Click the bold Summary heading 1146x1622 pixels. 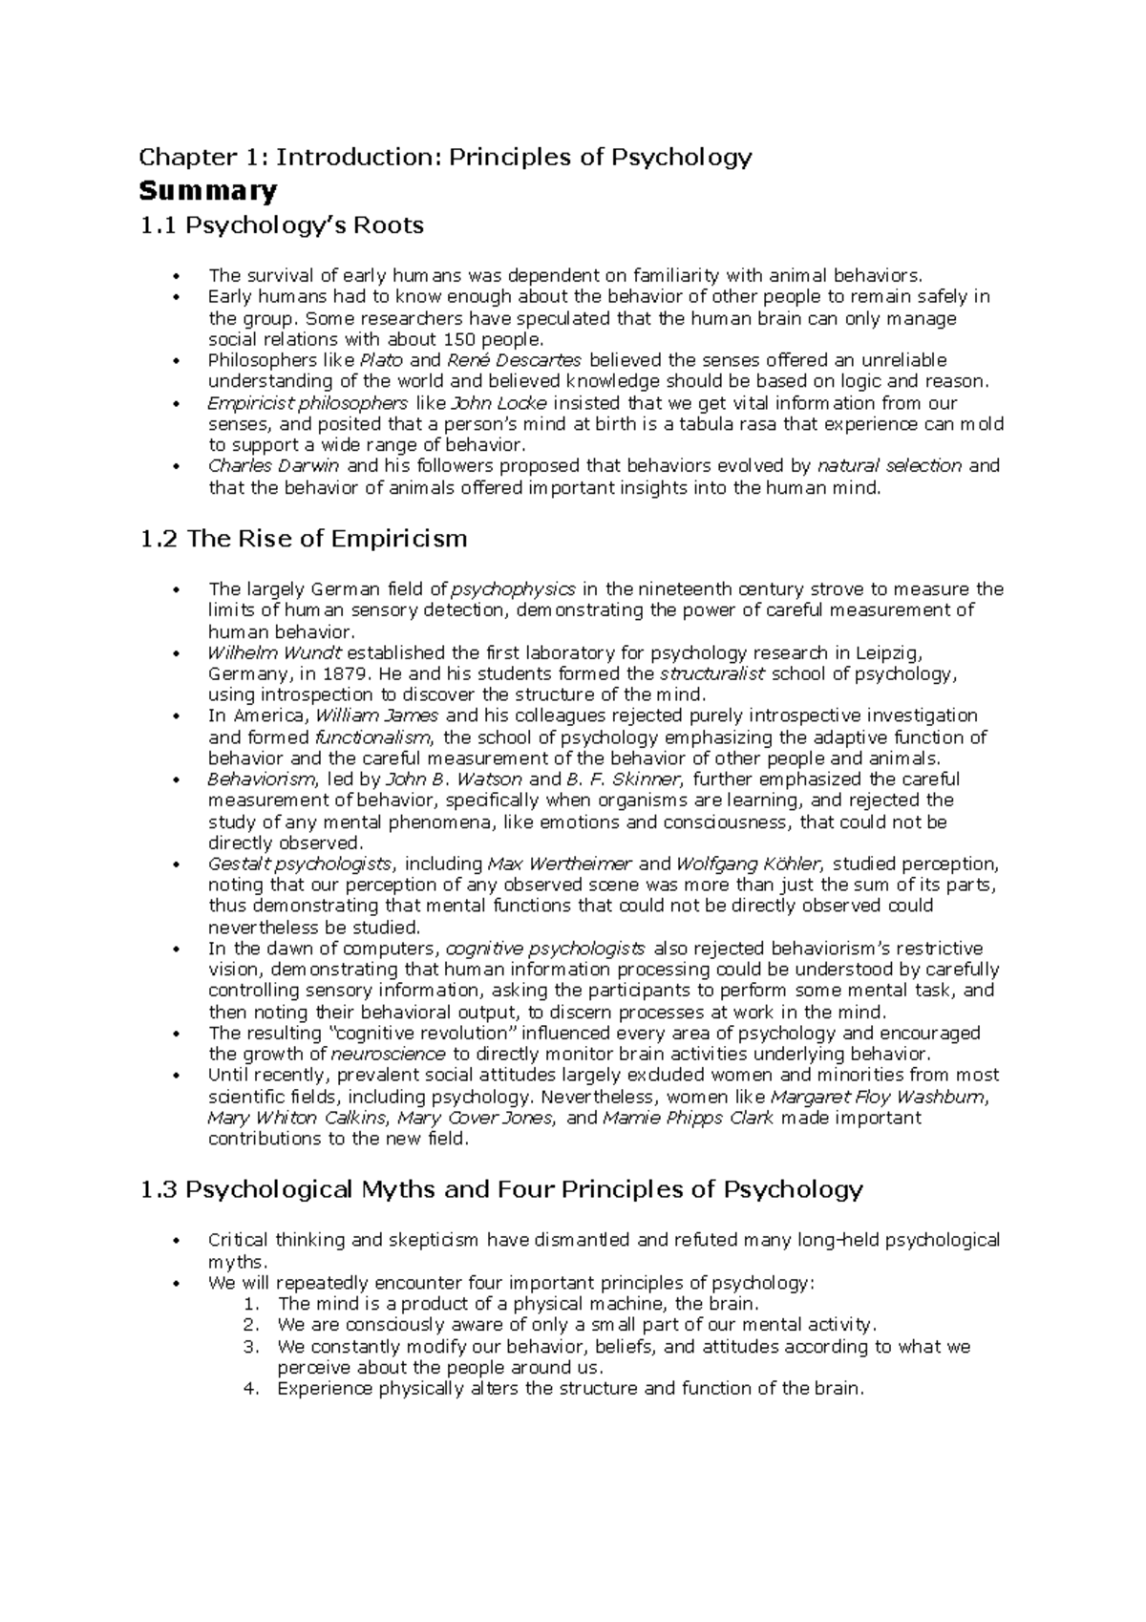click(x=207, y=191)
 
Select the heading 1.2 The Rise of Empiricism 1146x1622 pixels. click(x=303, y=539)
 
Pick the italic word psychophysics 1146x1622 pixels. click(x=513, y=589)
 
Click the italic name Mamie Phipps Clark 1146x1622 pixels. click(x=689, y=1118)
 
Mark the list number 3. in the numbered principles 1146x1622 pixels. click(x=252, y=1347)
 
